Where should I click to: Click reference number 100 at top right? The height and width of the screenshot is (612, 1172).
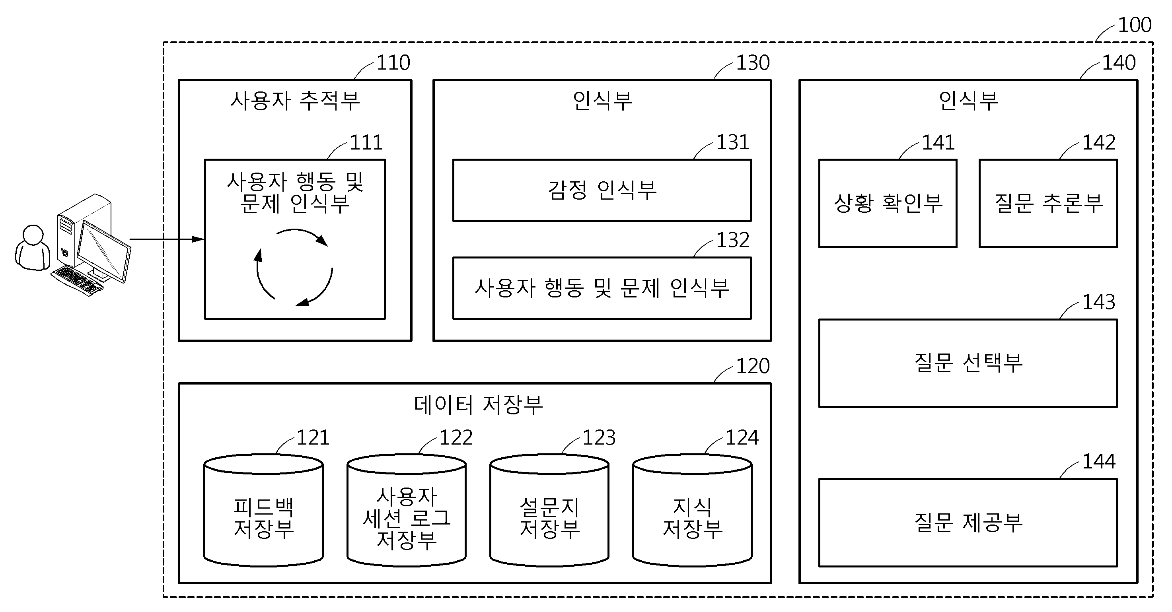(1134, 25)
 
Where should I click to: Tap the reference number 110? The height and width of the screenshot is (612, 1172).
(393, 63)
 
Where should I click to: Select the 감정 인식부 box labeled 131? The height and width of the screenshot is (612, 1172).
(602, 190)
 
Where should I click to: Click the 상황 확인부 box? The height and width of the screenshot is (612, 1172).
(888, 203)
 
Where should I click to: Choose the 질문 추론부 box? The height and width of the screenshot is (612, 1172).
(1048, 203)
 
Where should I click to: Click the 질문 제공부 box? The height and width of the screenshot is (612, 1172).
(968, 523)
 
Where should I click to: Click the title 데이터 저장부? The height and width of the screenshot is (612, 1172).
(478, 404)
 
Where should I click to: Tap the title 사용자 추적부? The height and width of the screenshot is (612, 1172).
(295, 101)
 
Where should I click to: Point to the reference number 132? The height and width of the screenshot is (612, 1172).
(732, 240)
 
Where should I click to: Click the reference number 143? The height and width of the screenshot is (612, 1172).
(1098, 302)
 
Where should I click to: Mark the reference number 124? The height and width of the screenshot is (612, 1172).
(742, 438)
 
